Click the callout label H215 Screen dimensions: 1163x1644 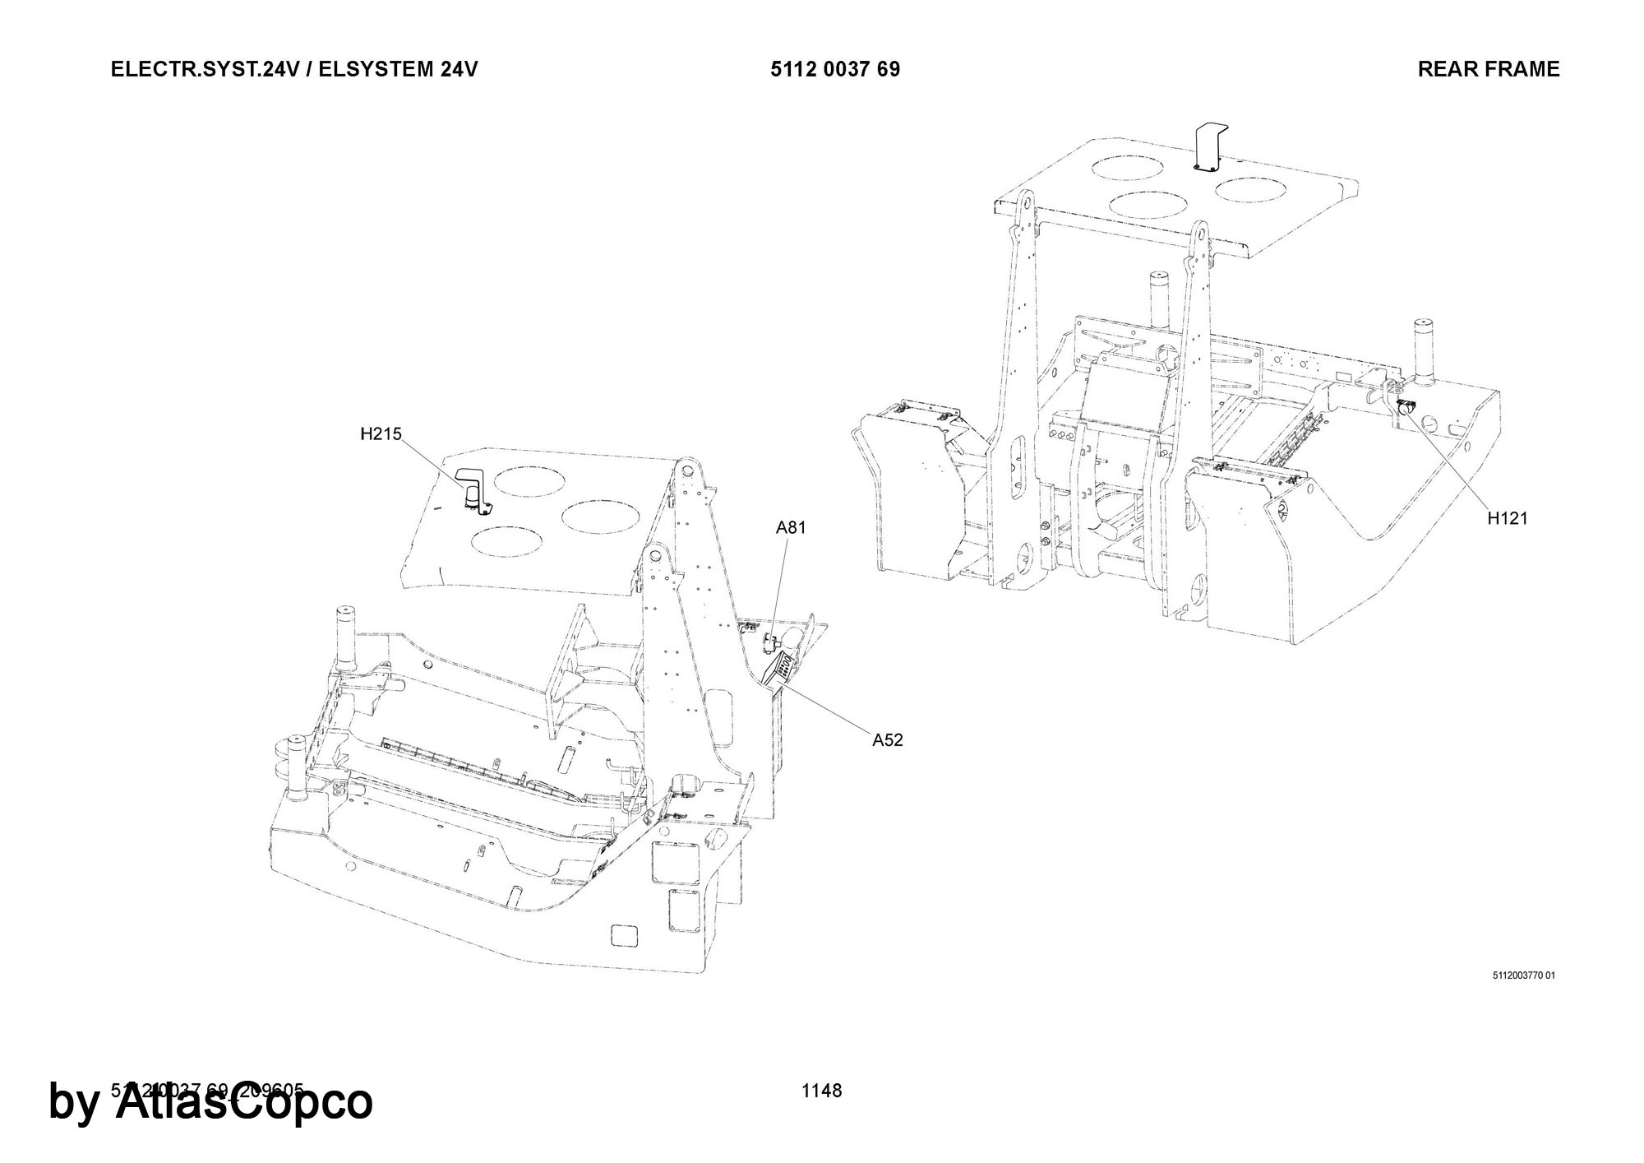pos(381,433)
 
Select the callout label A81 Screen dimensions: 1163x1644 pos(791,528)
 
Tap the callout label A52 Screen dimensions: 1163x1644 pos(887,740)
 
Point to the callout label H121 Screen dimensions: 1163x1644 pos(1507,518)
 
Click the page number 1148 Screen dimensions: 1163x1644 pos(822,1091)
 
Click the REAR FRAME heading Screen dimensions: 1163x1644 pos(1488,69)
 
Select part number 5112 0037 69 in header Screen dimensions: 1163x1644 pos(835,69)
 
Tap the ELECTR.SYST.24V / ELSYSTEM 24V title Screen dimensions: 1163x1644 pos(294,69)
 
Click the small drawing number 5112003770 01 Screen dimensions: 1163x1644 pos(1523,976)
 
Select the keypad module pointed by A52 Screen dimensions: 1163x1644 pos(779,670)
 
